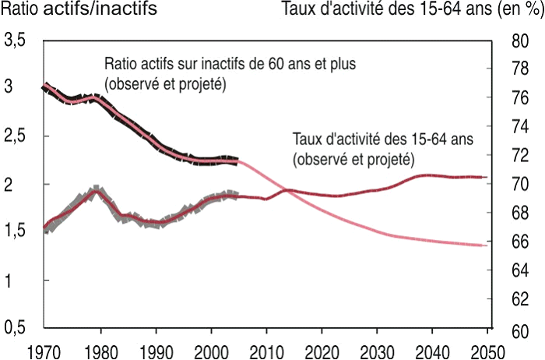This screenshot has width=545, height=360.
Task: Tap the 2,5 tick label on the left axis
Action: click(x=17, y=136)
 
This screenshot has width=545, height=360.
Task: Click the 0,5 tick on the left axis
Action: click(x=17, y=328)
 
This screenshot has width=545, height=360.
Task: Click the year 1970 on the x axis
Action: click(x=45, y=350)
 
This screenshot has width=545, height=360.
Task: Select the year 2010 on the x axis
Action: click(x=268, y=350)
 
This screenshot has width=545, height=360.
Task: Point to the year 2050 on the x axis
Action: click(x=490, y=350)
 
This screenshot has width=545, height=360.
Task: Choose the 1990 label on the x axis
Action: click(x=156, y=350)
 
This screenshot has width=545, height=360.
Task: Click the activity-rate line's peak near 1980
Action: click(x=96, y=191)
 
